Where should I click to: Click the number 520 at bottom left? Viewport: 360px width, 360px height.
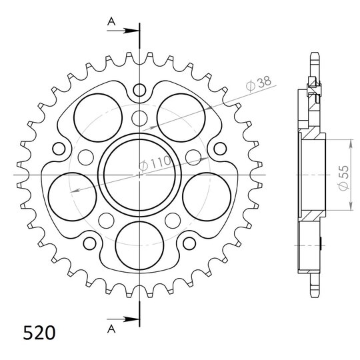click(39, 333)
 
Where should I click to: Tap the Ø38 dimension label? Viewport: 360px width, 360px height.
click(258, 83)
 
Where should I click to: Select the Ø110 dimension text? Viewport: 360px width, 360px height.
click(155, 163)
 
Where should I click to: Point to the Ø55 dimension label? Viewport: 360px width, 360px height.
click(344, 178)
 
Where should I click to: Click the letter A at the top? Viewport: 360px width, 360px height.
click(111, 22)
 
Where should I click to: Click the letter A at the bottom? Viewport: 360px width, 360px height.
click(111, 329)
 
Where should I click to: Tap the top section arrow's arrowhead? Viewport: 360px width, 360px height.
click(131, 31)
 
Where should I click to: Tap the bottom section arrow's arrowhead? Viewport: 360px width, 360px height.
click(131, 319)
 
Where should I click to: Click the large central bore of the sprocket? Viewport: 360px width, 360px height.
click(139, 175)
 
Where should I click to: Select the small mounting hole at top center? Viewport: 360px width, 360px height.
click(139, 90)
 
